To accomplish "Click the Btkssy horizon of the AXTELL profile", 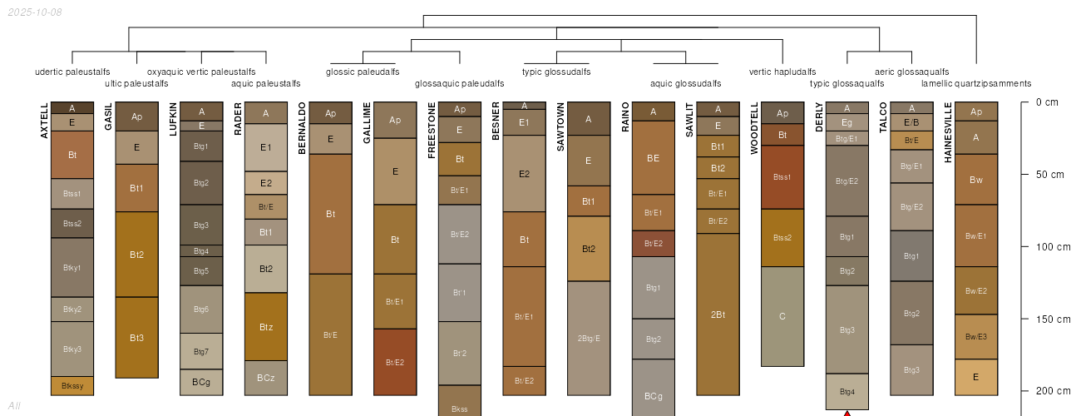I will [x=72, y=386].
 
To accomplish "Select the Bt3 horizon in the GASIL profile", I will [x=137, y=338].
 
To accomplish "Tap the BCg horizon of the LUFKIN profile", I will [x=201, y=382].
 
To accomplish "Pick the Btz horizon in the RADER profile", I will [x=266, y=327].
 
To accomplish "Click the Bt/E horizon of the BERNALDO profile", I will [x=330, y=334].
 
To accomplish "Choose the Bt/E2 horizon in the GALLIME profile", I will [x=395, y=362].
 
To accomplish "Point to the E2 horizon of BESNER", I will [x=524, y=174].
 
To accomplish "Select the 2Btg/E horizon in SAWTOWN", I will [x=589, y=338].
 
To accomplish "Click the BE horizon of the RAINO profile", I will [x=653, y=158].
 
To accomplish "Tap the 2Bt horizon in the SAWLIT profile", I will [x=718, y=314].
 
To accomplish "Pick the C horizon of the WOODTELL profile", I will [x=782, y=316].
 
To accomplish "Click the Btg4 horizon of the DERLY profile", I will [x=847, y=392].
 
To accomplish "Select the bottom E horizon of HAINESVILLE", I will [x=976, y=377].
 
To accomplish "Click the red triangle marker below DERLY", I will [x=847, y=413].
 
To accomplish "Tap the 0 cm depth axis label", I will [x=1047, y=102].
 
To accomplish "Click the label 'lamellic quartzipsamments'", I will [x=976, y=83].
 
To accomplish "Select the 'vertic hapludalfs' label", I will [x=782, y=72].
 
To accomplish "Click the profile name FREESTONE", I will [x=432, y=131].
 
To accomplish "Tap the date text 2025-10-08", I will [x=34, y=12].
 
